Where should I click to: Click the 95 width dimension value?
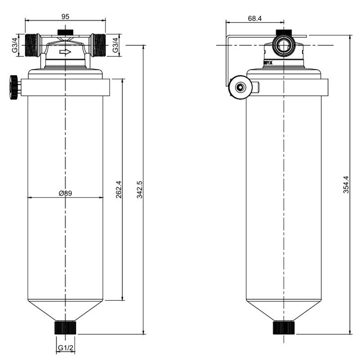[x=65, y=16]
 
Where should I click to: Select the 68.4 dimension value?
[x=255, y=18]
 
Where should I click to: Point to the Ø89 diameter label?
[x=66, y=193]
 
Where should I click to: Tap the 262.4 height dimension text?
[x=118, y=189]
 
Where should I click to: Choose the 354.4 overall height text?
[x=346, y=184]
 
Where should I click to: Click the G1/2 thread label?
[x=66, y=348]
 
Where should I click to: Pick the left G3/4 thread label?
[x=15, y=45]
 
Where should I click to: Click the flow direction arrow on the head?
[x=65, y=52]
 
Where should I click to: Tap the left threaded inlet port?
[x=31, y=45]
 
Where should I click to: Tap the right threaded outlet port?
[x=98, y=45]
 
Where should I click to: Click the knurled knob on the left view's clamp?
[x=14, y=87]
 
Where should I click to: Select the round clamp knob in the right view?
[x=240, y=87]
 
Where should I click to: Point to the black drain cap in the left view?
[x=65, y=328]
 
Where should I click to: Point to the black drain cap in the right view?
[x=284, y=328]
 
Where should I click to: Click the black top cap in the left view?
[x=65, y=32]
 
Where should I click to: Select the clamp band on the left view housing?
[x=65, y=87]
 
